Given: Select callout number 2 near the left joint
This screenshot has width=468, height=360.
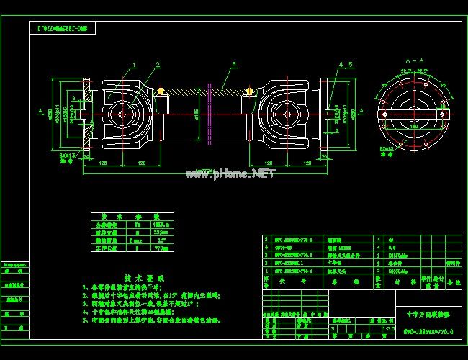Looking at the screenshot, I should point(156,64).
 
